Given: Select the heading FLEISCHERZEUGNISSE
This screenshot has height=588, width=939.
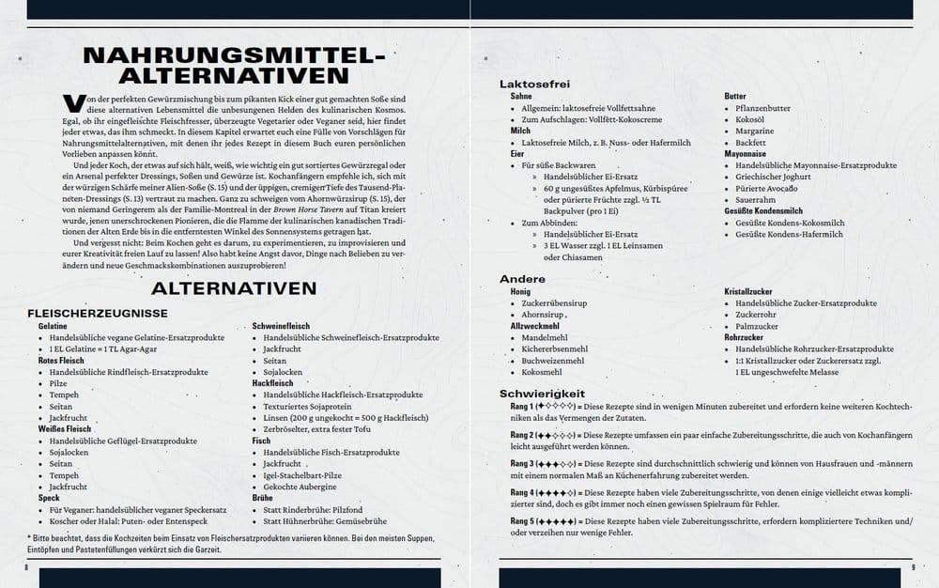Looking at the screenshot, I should point(98,312).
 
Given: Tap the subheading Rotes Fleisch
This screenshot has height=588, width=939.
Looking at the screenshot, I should point(61,360).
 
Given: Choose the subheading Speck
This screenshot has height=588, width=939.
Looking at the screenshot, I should point(49,498).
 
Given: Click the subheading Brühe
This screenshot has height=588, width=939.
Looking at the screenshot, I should point(262,498).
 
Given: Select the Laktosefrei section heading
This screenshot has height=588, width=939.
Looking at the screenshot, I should point(535,85).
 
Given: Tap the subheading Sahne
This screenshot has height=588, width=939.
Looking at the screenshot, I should point(521,97).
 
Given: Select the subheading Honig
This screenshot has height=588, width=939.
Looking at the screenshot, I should point(521,292).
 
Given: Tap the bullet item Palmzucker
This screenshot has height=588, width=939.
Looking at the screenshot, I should point(760,326).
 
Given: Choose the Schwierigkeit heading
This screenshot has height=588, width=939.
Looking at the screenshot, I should point(543,394).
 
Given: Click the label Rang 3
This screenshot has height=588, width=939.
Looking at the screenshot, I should point(522,464).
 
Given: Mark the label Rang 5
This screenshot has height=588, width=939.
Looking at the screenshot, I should point(522,520).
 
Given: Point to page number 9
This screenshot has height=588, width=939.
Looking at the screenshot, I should point(913,566).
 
